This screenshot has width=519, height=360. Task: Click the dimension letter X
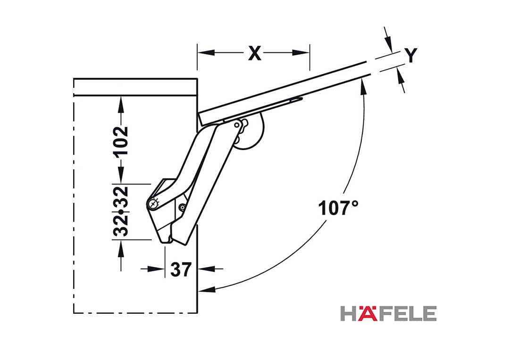254,53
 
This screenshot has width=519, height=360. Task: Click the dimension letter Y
410,55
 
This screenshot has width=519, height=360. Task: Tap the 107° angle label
338,208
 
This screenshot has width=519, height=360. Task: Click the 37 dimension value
181,269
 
